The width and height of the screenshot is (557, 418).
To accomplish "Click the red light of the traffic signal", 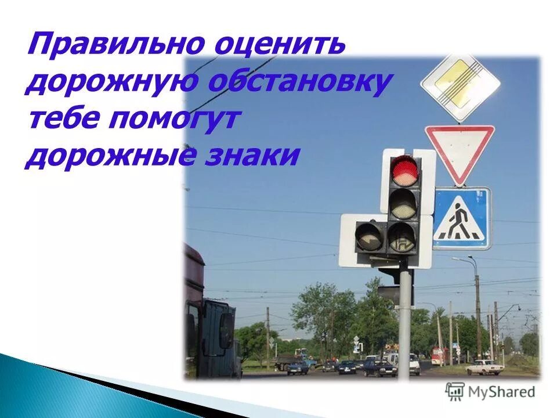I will tap(405, 170).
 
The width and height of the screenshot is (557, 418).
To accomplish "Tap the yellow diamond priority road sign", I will tap(460, 86).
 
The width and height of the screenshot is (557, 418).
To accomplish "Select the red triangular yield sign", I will tap(460, 149).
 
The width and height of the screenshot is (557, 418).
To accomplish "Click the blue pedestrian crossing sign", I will tap(461, 218).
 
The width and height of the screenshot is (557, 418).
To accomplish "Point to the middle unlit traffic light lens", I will tap(404, 203).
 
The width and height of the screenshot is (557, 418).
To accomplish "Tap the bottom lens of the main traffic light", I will tap(402, 237).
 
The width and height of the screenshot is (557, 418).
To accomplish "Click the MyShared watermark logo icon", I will tap(455, 392).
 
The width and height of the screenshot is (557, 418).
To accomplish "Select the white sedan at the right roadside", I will tap(484, 367).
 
